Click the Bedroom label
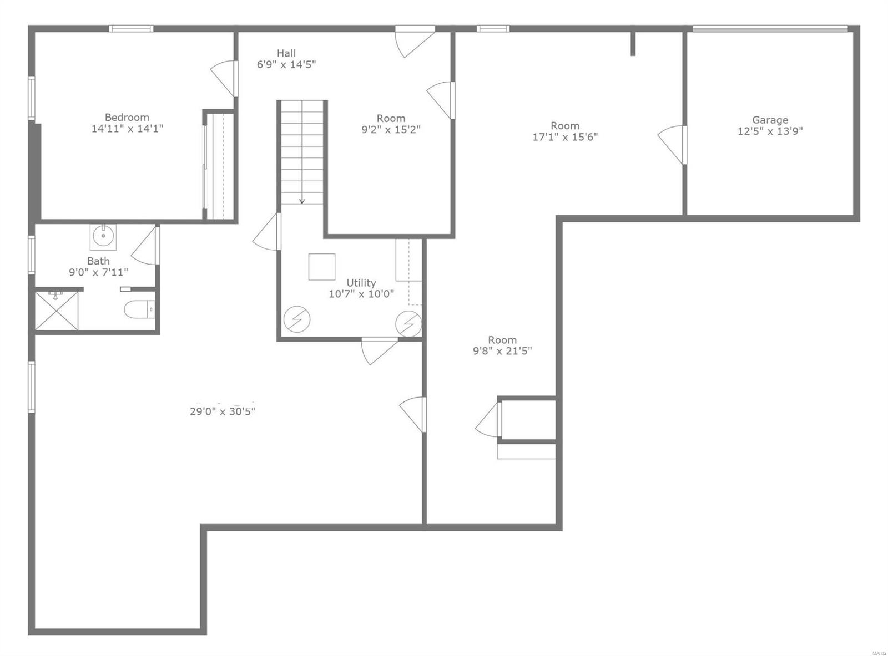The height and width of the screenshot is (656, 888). [x=127, y=118]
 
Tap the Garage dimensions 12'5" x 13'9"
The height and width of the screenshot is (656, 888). [x=770, y=131]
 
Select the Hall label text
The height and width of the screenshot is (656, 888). [x=286, y=53]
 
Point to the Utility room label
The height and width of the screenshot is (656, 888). [x=361, y=283]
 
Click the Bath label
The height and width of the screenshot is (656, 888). [x=98, y=261]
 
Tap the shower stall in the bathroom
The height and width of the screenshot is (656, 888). [x=57, y=311]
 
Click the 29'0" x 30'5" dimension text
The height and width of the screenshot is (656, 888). [x=222, y=411]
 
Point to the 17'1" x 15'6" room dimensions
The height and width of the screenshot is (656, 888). [x=565, y=137]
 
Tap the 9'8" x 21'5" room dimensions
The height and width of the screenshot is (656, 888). [x=502, y=351]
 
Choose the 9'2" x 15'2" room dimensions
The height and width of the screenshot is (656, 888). [x=391, y=130]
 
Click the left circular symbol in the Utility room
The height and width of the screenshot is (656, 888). [x=297, y=319]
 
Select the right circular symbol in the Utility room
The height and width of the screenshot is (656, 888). [x=408, y=323]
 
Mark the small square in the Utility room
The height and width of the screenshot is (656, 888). [x=322, y=267]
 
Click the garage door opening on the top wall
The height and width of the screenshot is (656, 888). [x=770, y=29]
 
